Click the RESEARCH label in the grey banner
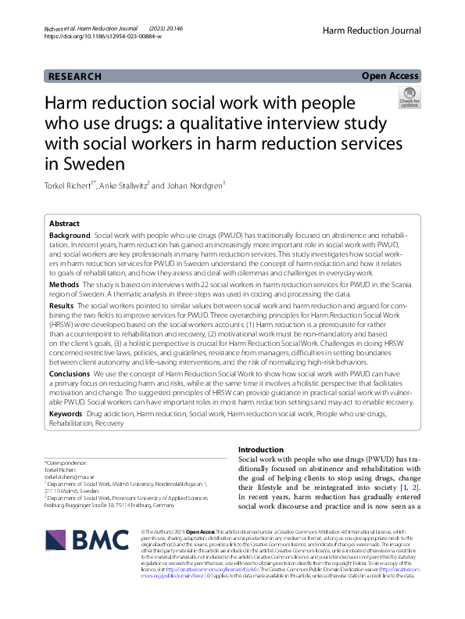74,76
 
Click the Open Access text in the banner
390,76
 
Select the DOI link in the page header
103,37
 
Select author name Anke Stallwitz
123,185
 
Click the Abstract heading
65,223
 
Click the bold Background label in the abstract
70,236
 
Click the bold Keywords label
66,412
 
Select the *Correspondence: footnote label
66,462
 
